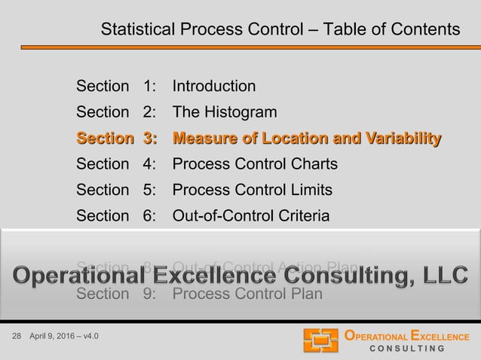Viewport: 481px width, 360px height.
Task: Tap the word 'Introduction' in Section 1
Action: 213,87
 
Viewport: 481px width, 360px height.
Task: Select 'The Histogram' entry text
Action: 224,113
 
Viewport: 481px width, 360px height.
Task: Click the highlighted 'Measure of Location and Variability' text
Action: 307,139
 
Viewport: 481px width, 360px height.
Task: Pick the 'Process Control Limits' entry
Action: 252,190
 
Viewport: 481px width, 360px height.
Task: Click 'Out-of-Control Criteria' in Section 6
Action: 250,216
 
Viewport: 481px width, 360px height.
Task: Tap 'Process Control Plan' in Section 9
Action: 247,294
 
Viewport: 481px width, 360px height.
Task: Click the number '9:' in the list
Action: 149,294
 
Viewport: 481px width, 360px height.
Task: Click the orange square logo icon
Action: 320,340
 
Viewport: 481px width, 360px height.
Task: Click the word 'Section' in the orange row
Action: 103,139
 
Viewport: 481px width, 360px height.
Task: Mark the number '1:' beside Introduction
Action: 149,87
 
